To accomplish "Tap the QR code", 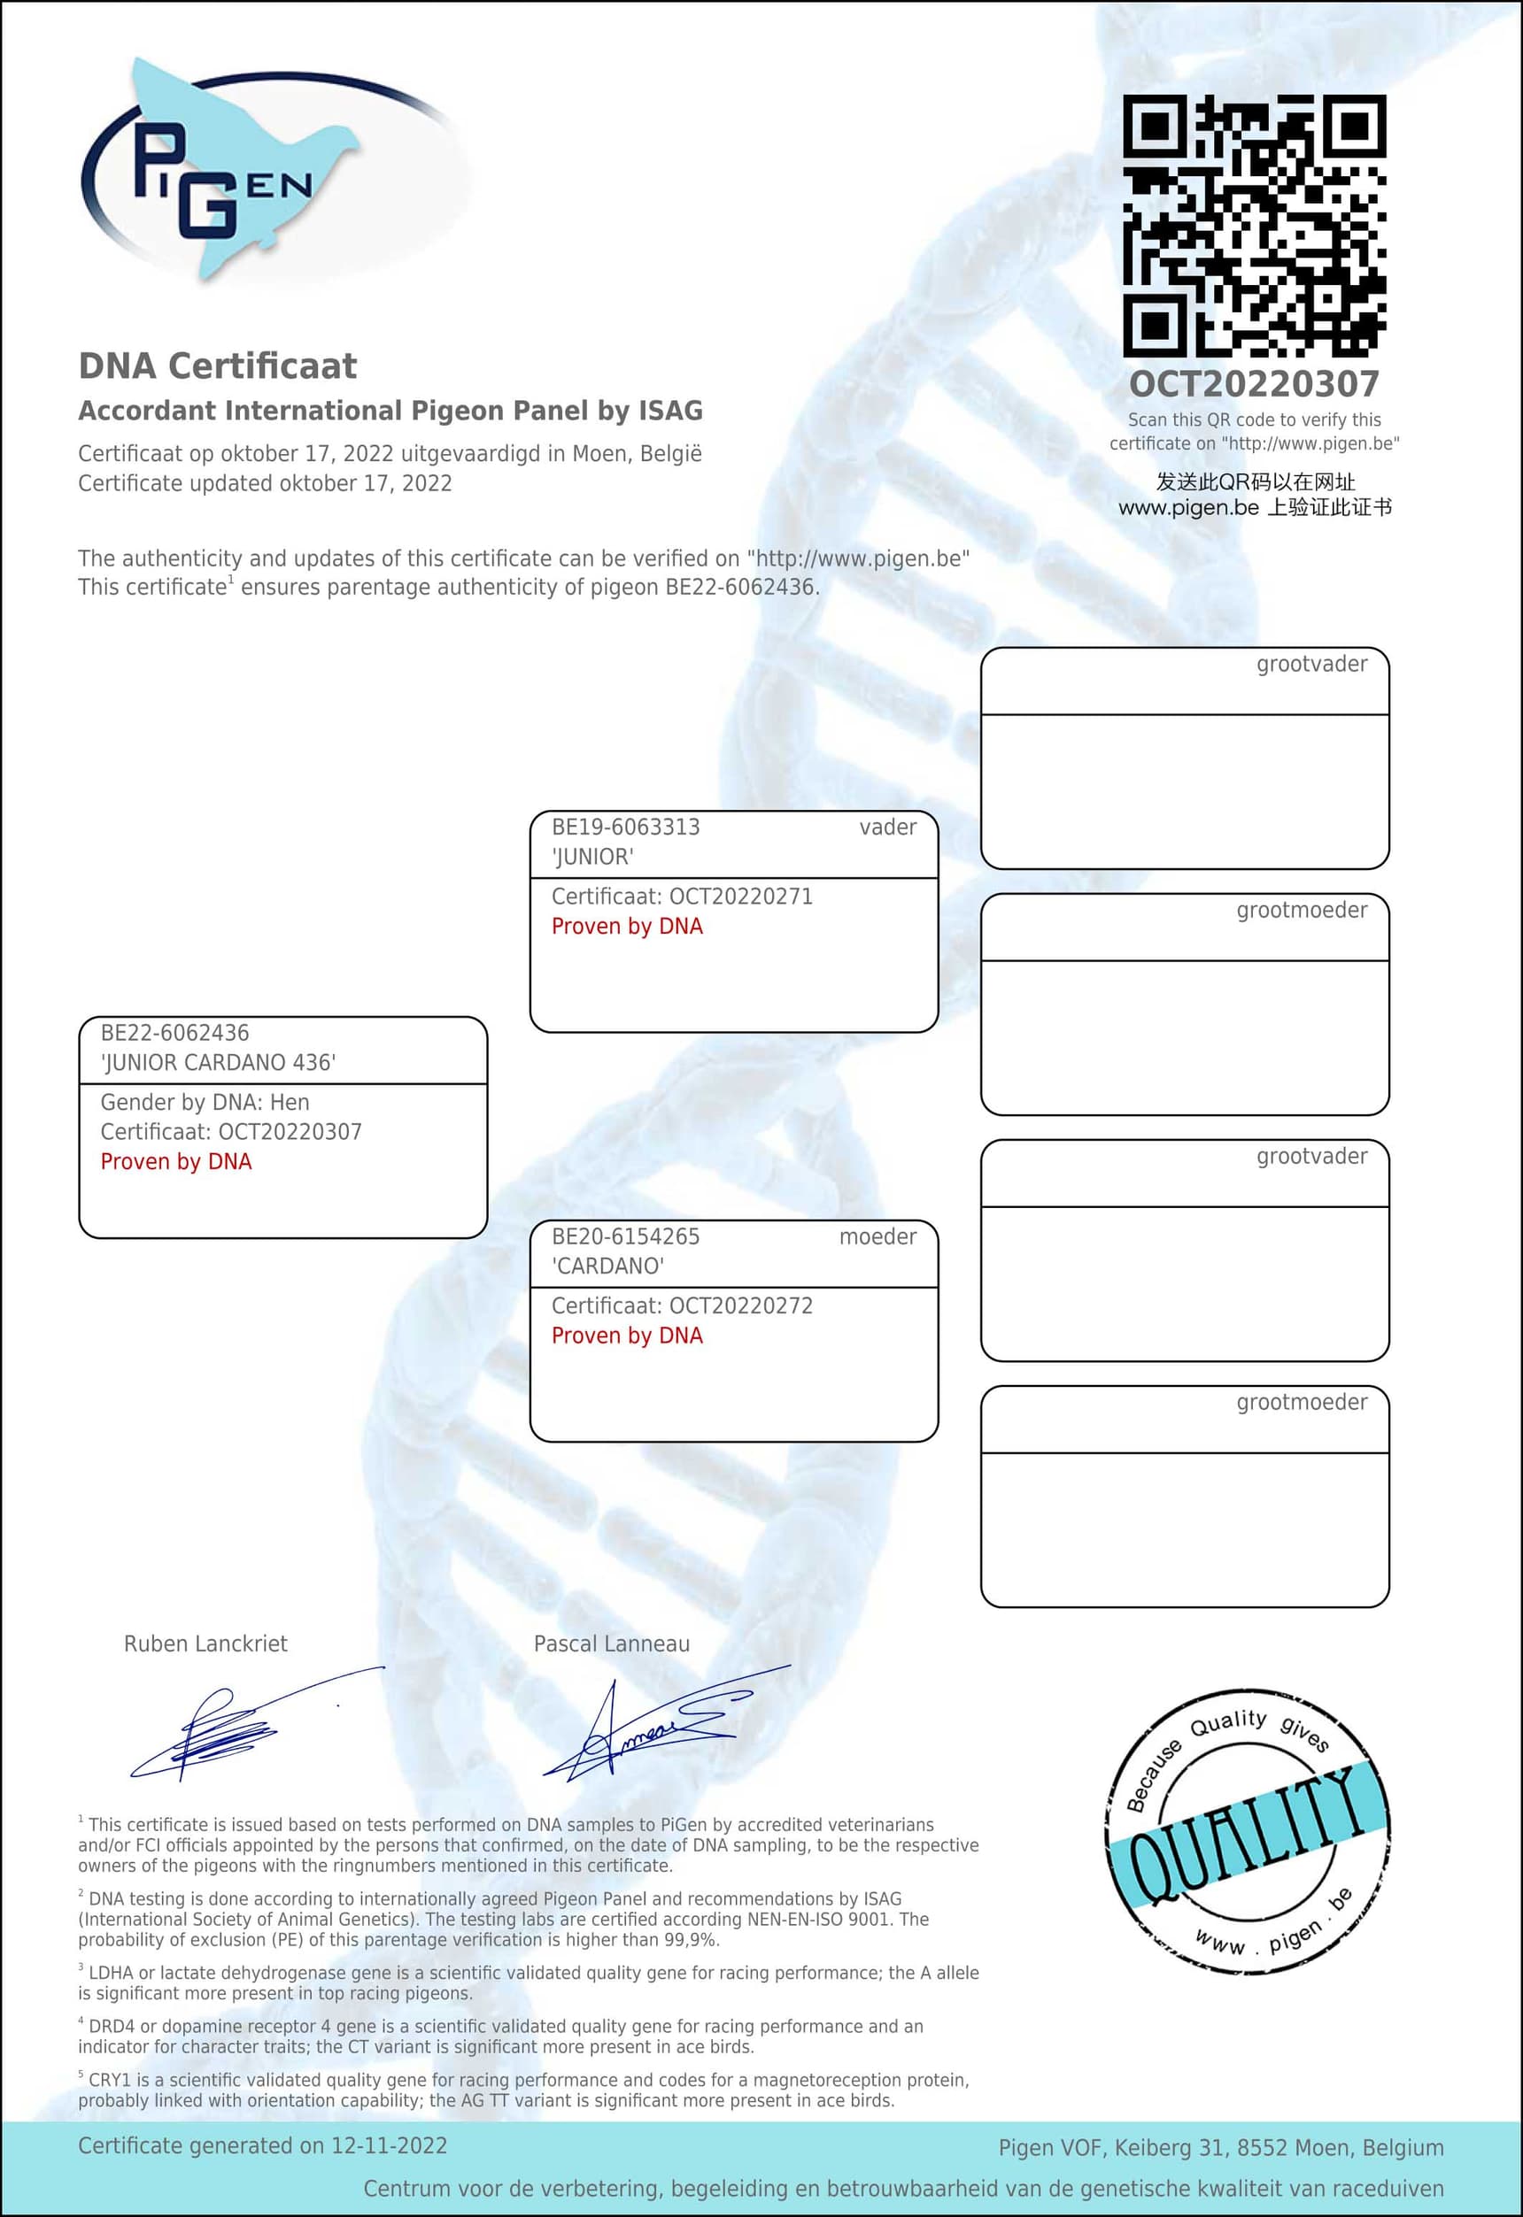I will [x=1254, y=226].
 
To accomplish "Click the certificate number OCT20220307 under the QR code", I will [x=1254, y=384].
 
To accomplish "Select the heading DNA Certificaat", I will [x=218, y=366].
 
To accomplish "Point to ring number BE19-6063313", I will [x=625, y=828].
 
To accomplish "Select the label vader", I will [x=887, y=828].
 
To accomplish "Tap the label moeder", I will [x=877, y=1236].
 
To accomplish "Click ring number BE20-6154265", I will [x=625, y=1236].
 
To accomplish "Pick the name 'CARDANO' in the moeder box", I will [x=607, y=1266].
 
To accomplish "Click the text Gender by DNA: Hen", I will [x=205, y=1102].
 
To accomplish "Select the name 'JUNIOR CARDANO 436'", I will [x=219, y=1063].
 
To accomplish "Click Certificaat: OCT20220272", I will [x=683, y=1305].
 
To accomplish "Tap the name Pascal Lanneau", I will [x=611, y=1644].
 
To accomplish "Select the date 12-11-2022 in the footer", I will [x=390, y=2145].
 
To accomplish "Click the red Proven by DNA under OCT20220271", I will [x=627, y=927].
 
